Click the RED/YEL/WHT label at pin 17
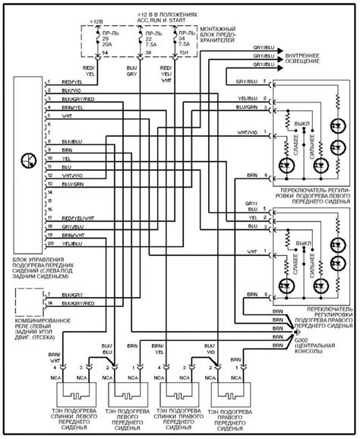coord(76,217)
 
